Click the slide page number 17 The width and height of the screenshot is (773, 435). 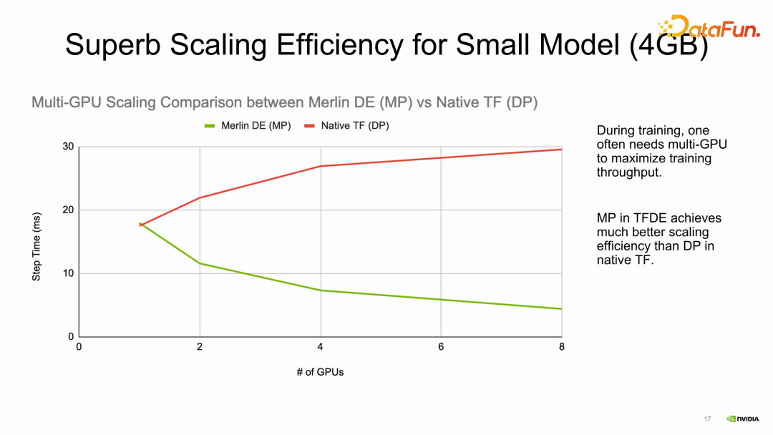(707, 419)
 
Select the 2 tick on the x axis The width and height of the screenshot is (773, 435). (200, 347)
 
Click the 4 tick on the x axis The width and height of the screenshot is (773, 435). (320, 347)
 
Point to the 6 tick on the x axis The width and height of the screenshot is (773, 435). (441, 347)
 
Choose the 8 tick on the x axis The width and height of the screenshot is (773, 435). (561, 347)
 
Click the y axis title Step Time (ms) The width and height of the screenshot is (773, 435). (37, 245)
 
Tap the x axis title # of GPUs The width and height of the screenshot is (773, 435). (320, 372)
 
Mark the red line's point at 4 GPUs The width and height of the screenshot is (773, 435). (320, 166)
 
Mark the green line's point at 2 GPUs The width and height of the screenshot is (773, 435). (200, 263)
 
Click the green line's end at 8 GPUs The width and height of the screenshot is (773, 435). (560, 308)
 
